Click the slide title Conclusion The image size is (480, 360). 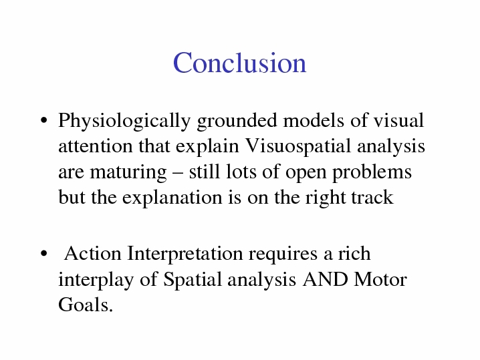click(240, 63)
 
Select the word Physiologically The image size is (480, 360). click(124, 122)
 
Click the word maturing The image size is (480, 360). click(128, 173)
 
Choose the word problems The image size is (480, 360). click(372, 173)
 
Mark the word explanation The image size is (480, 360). click(172, 198)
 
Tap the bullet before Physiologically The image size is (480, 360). click(44, 120)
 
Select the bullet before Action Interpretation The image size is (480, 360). click(44, 253)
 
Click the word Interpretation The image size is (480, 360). click(185, 254)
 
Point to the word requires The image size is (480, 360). click(283, 255)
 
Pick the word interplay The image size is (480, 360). click(96, 281)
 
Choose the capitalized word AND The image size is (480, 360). click(325, 280)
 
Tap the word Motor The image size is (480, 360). click(380, 280)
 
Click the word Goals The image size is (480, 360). click(86, 305)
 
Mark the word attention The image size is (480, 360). click(95, 146)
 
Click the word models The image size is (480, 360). click(314, 120)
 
